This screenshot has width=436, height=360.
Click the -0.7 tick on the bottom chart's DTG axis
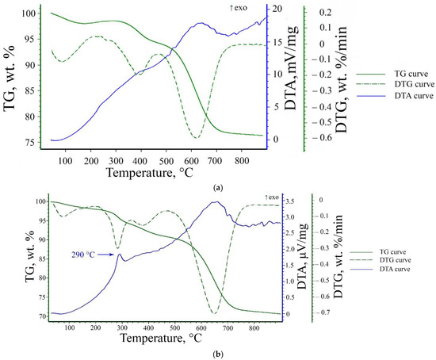click(x=327, y=313)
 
